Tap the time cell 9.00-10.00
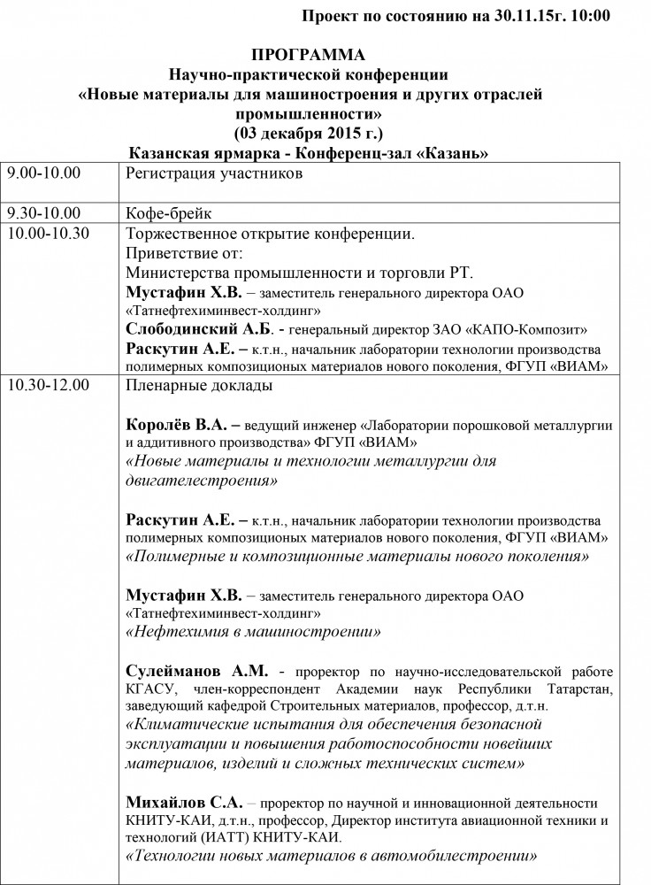43,173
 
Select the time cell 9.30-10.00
43,213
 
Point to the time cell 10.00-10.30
49,234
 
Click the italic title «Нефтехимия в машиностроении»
254,633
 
